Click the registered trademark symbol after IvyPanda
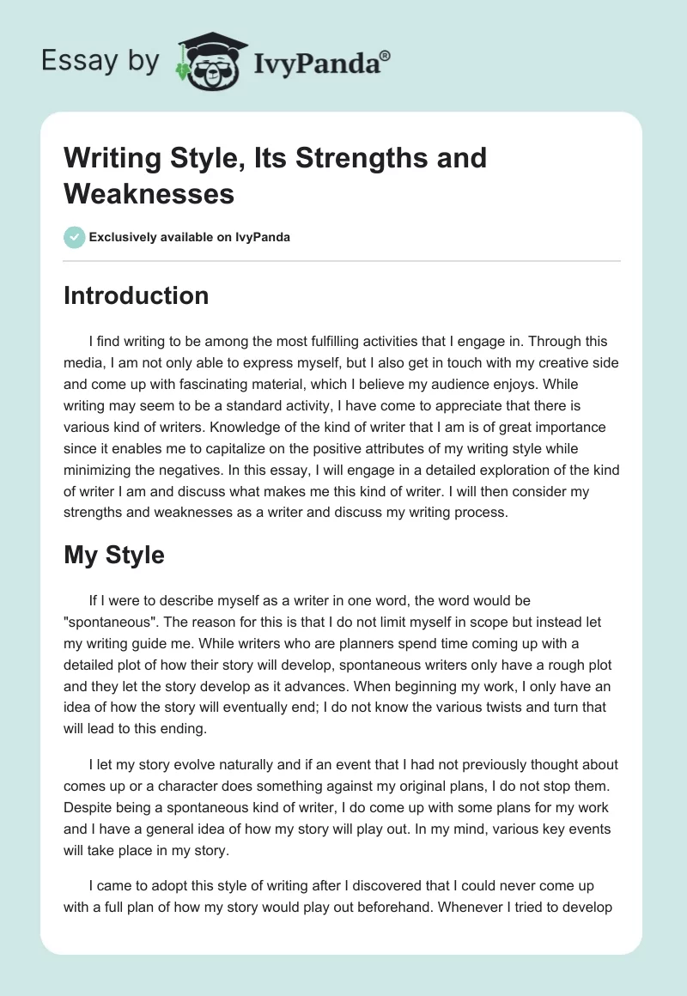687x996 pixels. click(x=386, y=56)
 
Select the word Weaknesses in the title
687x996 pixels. click(x=149, y=193)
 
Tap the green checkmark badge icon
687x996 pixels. click(x=75, y=237)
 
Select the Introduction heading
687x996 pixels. click(x=136, y=295)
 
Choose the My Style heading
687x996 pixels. click(x=113, y=555)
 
